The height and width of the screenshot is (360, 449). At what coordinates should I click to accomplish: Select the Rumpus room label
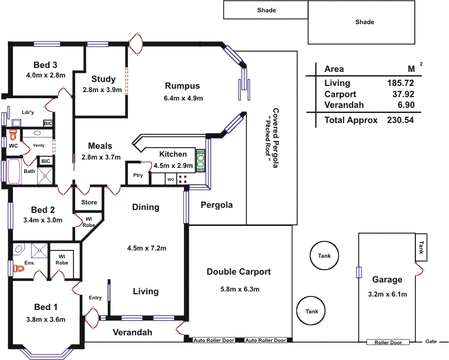tap(182, 86)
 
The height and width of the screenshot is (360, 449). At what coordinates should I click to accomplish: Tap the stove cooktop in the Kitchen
tap(183, 179)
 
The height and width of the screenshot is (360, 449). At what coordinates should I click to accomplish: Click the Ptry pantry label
tap(138, 175)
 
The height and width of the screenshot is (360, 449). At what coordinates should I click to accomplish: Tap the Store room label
tap(89, 202)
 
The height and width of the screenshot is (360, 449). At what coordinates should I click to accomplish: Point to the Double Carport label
tap(239, 272)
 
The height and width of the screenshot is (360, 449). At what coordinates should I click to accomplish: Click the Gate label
tap(430, 341)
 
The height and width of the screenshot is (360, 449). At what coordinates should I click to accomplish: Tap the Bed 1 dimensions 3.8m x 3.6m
tap(46, 320)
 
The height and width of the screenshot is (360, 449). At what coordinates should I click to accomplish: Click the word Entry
tap(95, 298)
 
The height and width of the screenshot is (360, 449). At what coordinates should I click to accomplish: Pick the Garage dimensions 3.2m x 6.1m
tap(387, 294)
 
